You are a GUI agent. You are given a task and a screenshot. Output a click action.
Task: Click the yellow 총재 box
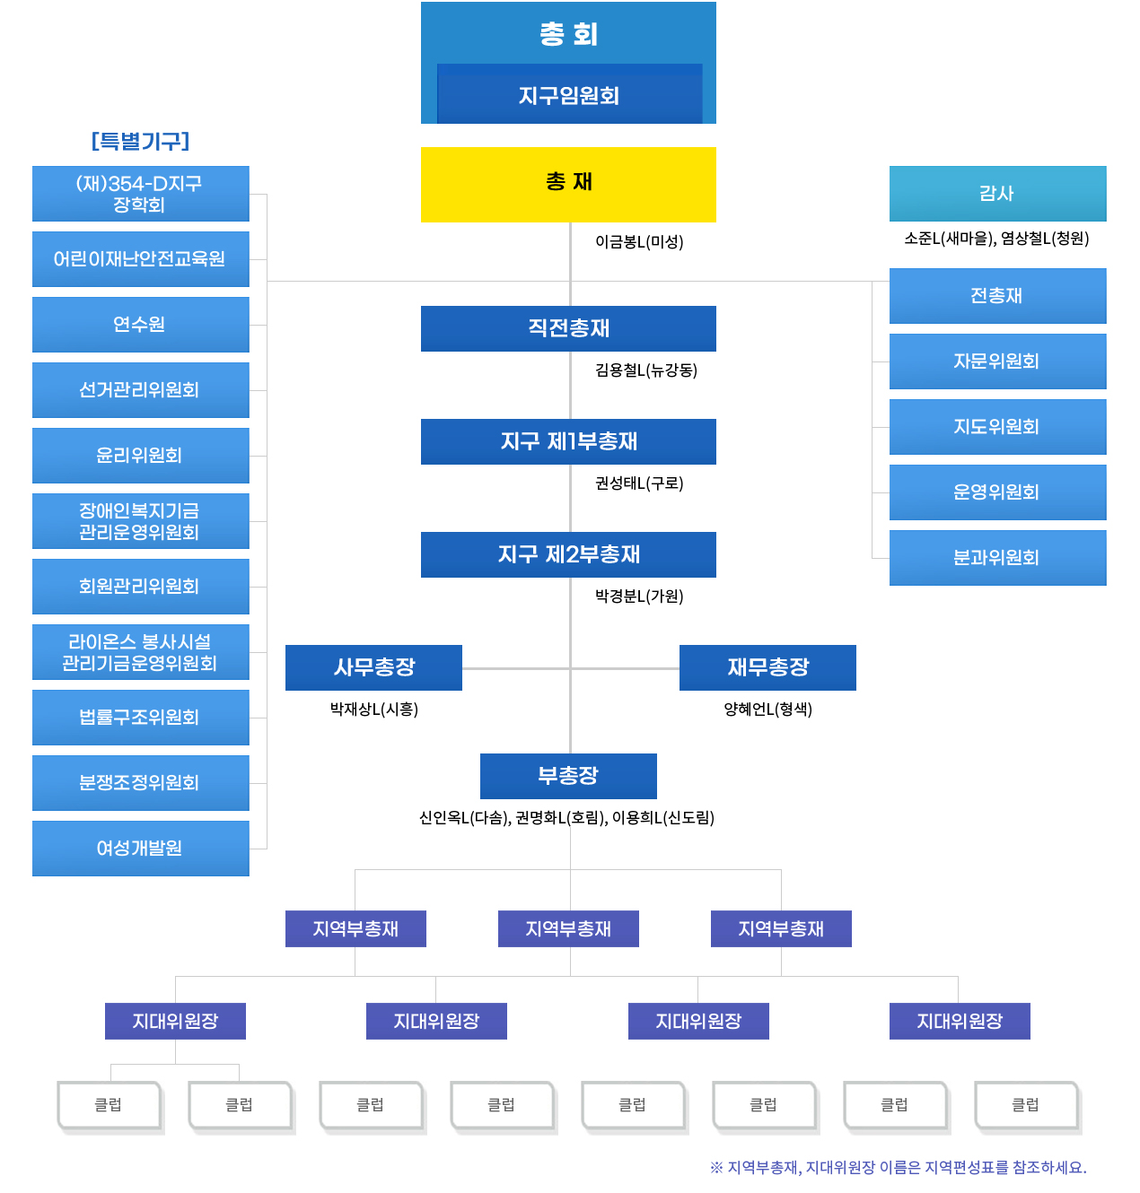coord(568,184)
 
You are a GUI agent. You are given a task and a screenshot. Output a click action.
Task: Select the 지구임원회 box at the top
coord(569,94)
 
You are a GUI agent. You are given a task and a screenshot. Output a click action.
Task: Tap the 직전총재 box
coord(568,328)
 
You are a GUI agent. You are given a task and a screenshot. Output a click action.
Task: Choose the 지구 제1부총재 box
coord(568,441)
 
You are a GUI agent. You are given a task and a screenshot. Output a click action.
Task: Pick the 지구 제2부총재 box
coord(568,554)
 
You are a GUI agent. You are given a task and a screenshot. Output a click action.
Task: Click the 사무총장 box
coord(373,667)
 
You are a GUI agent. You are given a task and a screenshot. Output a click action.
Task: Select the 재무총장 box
coord(767,667)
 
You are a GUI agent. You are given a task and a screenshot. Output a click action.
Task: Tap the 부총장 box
coord(568,776)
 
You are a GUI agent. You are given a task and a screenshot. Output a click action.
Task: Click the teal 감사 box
coord(997,193)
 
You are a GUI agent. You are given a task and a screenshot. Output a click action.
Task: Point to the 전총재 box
coord(997,295)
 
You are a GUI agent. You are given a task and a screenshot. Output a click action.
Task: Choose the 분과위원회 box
coord(997,558)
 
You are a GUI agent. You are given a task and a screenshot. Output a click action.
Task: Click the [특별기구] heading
coord(141,141)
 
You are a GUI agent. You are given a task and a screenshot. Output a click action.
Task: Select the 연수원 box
coord(141,325)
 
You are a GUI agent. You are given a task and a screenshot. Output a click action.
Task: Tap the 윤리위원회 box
coord(141,456)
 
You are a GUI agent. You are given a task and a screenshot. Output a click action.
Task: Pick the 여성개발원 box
coord(141,849)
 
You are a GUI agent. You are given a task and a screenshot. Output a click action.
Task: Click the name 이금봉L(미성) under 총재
coord(639,241)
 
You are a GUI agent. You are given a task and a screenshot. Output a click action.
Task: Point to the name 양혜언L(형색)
coord(767,710)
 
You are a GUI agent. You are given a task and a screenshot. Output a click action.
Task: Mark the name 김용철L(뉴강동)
coord(646,370)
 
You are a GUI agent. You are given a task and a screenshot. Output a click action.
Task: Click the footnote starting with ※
coord(898,1167)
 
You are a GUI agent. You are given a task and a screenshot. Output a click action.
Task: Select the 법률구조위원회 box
coord(141,718)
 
